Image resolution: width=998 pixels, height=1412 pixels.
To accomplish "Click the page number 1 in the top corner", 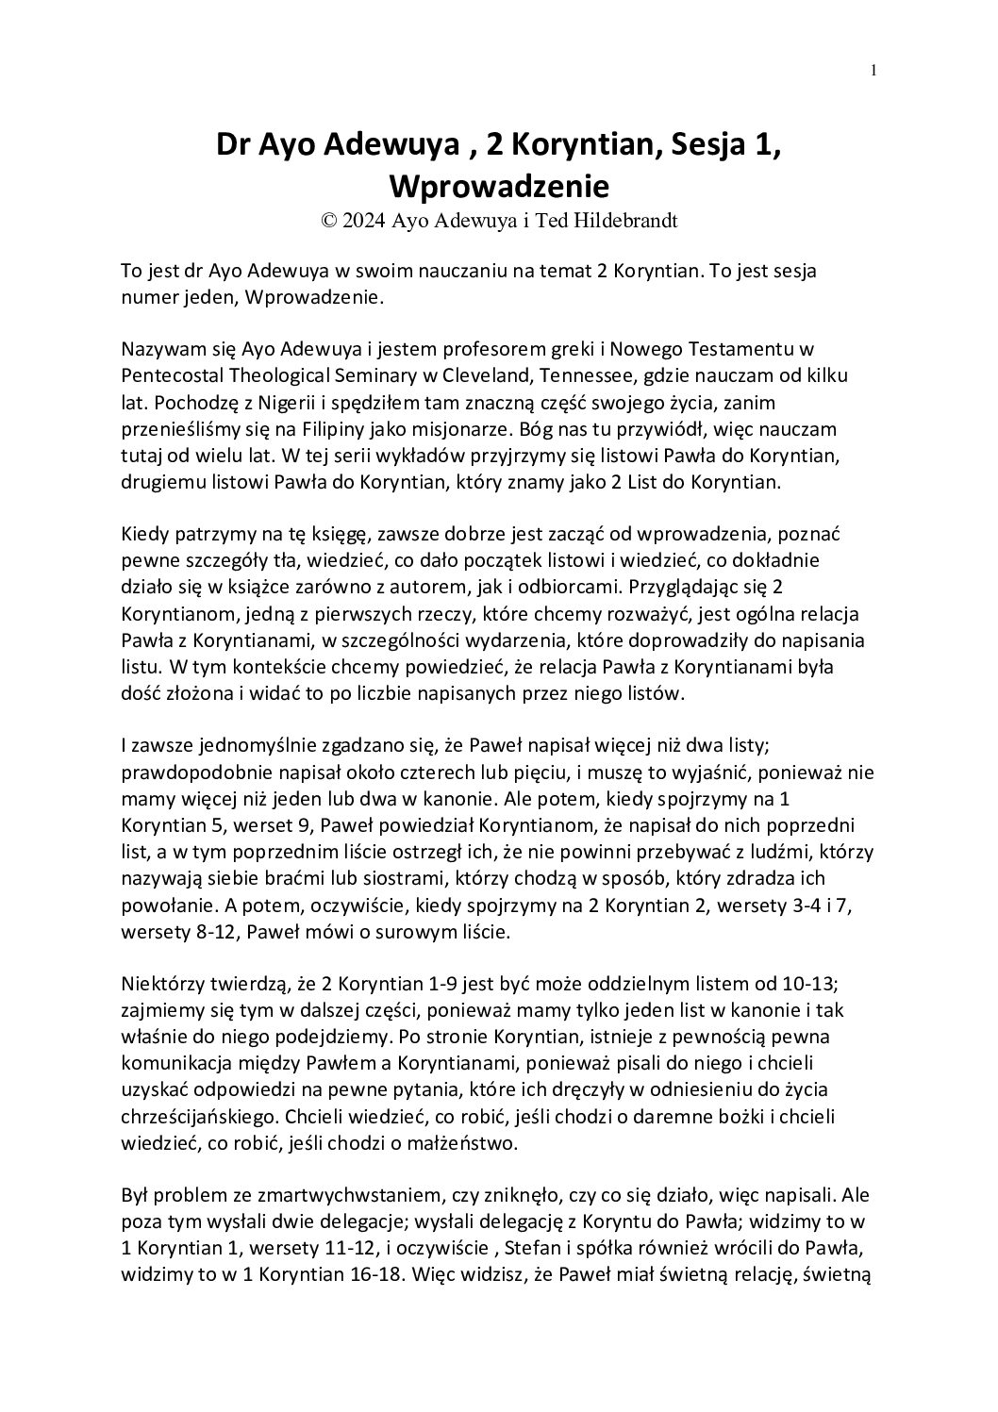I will (874, 70).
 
